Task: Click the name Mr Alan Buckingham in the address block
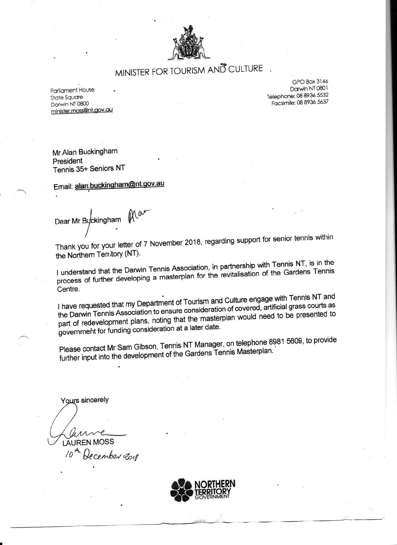(85, 151)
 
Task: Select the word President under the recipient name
(68, 161)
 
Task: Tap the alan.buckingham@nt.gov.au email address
(120, 184)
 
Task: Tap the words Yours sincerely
(85, 400)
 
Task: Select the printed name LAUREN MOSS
(88, 442)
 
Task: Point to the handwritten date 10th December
(101, 456)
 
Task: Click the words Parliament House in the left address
(72, 90)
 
